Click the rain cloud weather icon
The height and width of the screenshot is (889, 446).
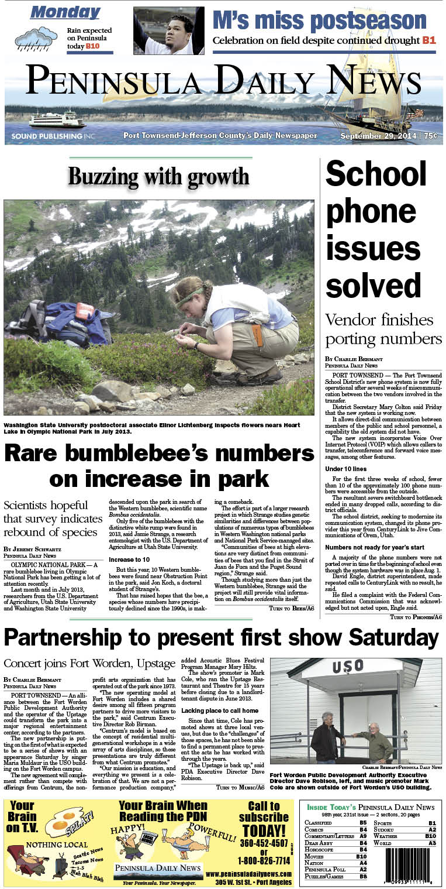click(x=36, y=38)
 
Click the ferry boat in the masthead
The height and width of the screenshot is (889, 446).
click(x=57, y=120)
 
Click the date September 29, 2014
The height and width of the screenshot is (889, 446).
click(x=379, y=136)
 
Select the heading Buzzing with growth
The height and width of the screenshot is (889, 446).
click(x=158, y=176)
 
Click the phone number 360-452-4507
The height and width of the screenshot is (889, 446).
click(x=263, y=844)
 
